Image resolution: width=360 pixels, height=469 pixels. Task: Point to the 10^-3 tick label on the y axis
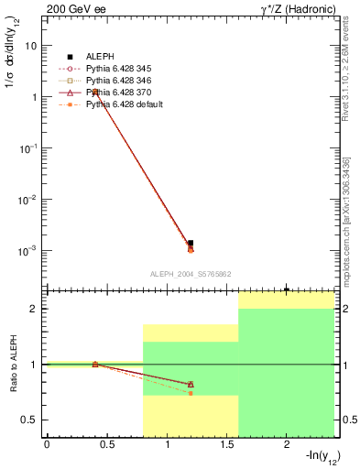coord(29,250)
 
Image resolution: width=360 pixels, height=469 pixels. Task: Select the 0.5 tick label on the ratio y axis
coord(28,420)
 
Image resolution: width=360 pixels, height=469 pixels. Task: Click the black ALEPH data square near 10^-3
coord(191,243)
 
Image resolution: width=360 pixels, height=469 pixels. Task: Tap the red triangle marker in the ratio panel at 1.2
coord(191,384)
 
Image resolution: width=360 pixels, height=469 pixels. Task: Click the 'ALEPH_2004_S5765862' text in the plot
coord(190,274)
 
